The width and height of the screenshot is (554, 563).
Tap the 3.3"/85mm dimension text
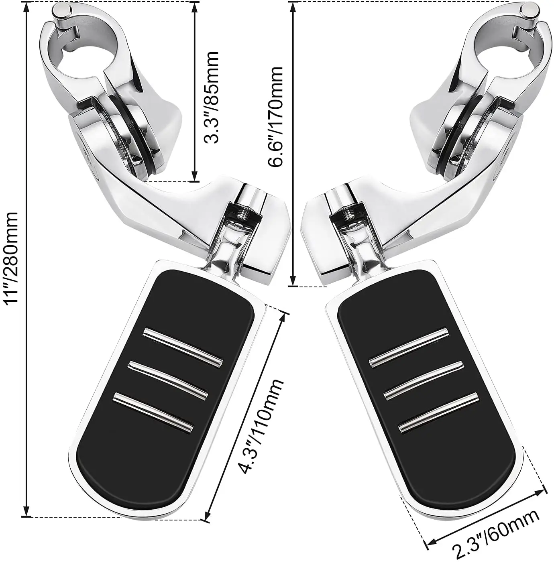point(210,97)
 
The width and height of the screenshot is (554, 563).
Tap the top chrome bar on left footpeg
point(183,346)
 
